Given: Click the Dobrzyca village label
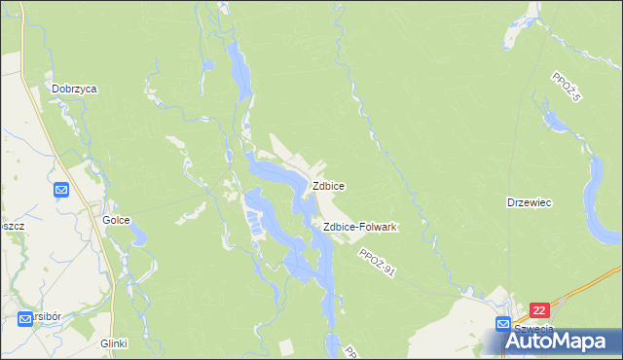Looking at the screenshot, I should [75, 88].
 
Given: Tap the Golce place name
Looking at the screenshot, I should [116, 220].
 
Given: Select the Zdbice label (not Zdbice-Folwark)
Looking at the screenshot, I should [328, 185].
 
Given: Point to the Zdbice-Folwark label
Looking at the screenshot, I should [359, 227].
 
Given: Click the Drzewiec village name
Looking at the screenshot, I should [530, 202].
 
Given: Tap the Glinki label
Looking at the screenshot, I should [113, 343].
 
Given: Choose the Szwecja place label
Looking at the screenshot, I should [532, 329].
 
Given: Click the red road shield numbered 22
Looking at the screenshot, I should [540, 310].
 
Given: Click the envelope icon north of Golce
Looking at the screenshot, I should [61, 190].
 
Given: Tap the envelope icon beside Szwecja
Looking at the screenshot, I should [502, 323].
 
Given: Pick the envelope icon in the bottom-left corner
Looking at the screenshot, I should [25, 317].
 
